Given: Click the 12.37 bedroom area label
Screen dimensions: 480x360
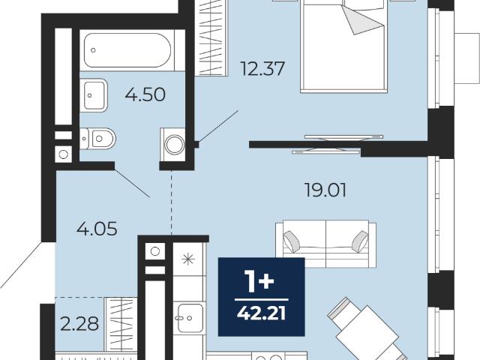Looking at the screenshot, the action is [x=262, y=68].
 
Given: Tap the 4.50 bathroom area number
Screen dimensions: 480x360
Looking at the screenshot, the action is [x=145, y=94].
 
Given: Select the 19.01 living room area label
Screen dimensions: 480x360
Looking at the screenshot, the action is [x=325, y=190].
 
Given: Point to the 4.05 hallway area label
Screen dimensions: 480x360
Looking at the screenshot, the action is [x=97, y=229].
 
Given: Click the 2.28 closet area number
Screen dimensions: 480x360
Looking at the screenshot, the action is [x=79, y=323].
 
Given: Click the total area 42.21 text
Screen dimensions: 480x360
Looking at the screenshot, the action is [x=262, y=313].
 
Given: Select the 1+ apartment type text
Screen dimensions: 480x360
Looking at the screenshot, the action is [x=260, y=282].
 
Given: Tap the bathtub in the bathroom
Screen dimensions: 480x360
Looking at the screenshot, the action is [x=127, y=50].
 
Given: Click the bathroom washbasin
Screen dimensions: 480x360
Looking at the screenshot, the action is [x=94, y=95].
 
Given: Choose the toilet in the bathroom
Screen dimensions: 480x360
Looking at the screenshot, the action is [x=98, y=139].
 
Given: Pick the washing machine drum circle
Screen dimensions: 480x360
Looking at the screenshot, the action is [x=175, y=144].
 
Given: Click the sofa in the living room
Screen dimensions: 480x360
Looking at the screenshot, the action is [x=326, y=244].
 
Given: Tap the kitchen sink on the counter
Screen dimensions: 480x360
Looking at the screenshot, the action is [x=190, y=318].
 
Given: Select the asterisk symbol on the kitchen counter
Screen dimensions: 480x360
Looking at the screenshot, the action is [x=188, y=259].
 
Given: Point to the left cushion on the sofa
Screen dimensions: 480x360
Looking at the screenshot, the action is [x=292, y=241].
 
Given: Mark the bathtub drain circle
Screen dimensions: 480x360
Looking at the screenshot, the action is [x=93, y=50].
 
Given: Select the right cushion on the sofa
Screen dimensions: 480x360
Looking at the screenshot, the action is [x=360, y=241].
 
